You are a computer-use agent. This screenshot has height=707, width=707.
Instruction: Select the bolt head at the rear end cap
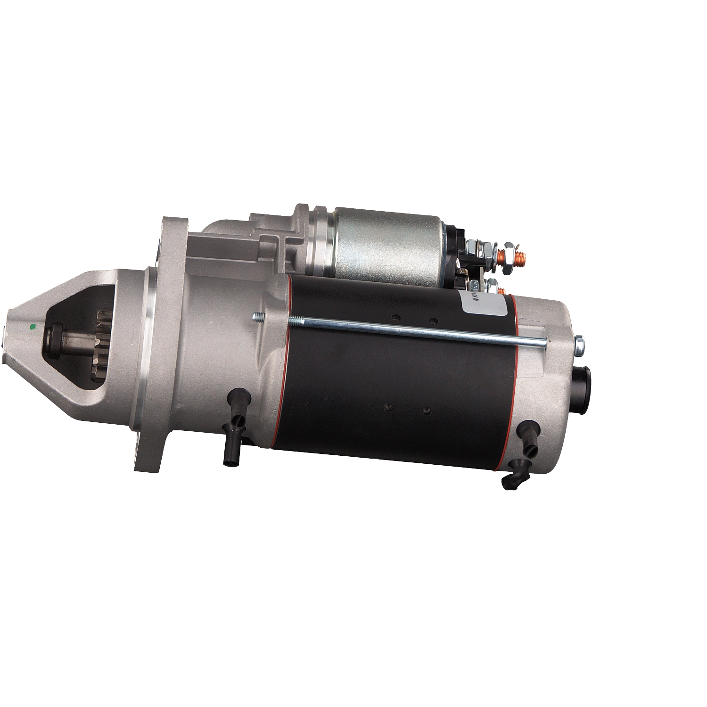pyautogui.click(x=580, y=344)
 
